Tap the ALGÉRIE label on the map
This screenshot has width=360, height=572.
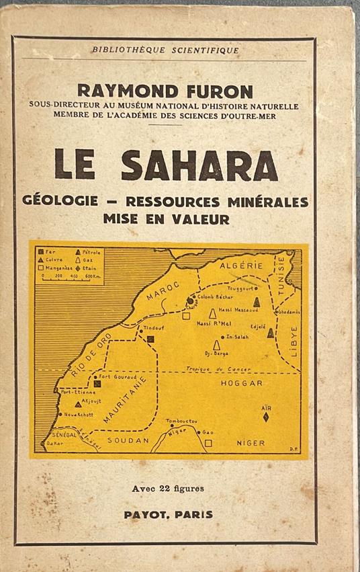tap(233, 266)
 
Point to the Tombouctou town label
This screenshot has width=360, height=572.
tap(182, 420)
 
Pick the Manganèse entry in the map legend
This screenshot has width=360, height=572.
tap(55, 267)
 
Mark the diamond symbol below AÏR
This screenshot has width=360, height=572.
tap(266, 417)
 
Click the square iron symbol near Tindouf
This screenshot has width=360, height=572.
tap(151, 339)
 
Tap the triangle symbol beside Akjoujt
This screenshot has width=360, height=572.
tap(79, 404)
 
